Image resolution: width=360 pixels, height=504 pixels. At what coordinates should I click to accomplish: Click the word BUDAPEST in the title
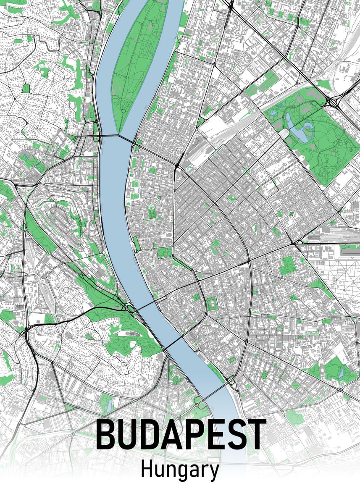click(181, 434)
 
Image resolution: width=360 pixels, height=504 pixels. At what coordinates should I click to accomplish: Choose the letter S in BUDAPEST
click(234, 434)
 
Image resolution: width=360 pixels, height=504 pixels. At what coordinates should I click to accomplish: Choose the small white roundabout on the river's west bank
click(104, 252)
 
